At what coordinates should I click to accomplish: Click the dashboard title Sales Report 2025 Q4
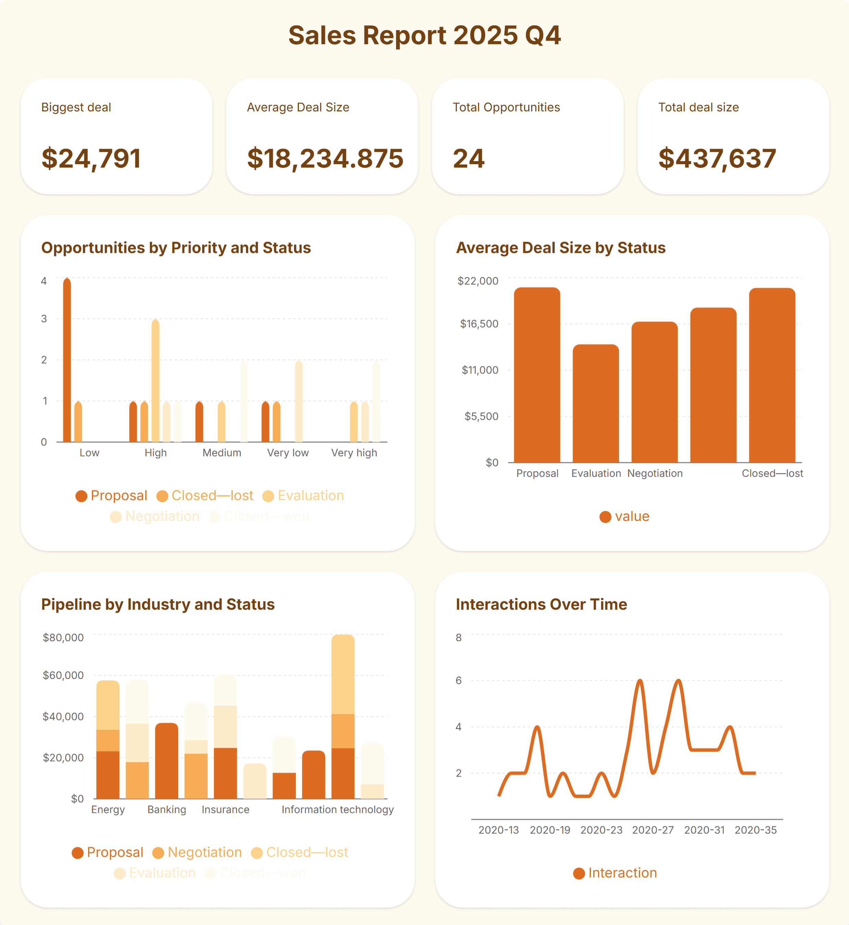pos(424,35)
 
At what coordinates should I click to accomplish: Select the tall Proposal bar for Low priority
pos(67,361)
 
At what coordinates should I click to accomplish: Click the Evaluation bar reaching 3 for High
pos(155,381)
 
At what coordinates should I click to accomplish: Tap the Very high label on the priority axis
pos(354,453)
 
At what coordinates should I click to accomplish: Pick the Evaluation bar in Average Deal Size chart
pos(595,404)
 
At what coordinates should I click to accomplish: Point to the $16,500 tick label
pos(479,324)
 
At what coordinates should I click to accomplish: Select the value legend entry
pos(625,516)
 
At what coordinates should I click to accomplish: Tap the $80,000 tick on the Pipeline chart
pos(63,637)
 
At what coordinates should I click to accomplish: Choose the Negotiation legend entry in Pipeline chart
pos(197,852)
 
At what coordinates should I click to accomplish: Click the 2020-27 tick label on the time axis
pos(652,830)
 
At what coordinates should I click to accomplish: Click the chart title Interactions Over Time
pos(541,605)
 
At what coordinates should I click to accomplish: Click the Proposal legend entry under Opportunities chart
pos(112,496)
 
